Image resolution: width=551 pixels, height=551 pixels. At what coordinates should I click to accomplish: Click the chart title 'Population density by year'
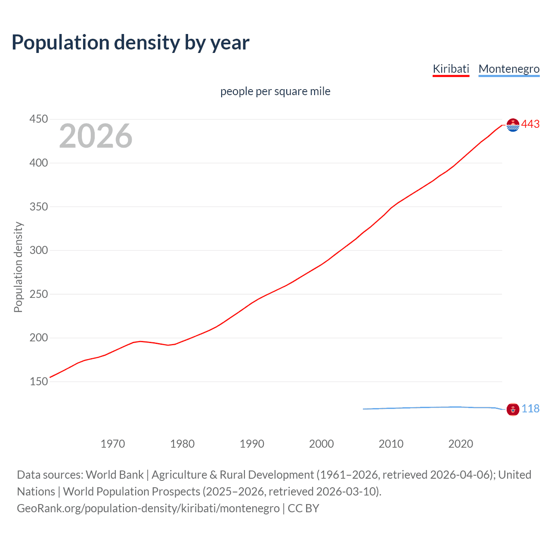[130, 43]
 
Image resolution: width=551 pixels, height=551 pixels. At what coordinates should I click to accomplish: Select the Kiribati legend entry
[451, 69]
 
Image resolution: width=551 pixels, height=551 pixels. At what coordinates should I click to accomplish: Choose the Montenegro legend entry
[509, 69]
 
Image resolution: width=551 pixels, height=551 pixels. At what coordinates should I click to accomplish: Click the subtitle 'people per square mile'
[275, 92]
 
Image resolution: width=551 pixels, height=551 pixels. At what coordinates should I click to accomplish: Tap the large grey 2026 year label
[96, 136]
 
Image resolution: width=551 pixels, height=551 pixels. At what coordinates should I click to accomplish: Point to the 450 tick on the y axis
[38, 119]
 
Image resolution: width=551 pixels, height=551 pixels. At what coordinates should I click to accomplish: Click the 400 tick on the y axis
[38, 163]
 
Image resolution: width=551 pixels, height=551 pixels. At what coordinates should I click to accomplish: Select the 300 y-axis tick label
[38, 251]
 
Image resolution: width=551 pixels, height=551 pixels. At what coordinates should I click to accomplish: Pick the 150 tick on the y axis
[38, 382]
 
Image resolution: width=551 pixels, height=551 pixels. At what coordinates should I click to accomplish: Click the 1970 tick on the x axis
[113, 444]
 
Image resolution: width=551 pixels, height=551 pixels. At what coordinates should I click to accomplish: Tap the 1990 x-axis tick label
[252, 444]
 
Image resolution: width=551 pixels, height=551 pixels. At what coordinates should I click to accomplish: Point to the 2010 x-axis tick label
[391, 444]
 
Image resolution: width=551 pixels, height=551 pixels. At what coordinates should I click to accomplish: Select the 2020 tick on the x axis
[461, 444]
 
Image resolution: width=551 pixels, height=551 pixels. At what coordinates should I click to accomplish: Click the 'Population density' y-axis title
[18, 267]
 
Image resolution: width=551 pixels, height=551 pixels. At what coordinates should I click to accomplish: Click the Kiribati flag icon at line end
[513, 125]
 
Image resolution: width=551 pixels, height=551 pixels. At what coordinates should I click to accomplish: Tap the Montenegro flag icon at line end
[513, 409]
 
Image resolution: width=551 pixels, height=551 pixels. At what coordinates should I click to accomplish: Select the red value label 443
[530, 124]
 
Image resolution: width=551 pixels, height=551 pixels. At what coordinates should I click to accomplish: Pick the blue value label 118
[530, 409]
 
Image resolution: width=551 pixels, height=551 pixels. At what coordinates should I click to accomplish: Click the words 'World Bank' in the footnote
[115, 475]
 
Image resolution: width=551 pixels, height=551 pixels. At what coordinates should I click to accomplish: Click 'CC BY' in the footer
[303, 508]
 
